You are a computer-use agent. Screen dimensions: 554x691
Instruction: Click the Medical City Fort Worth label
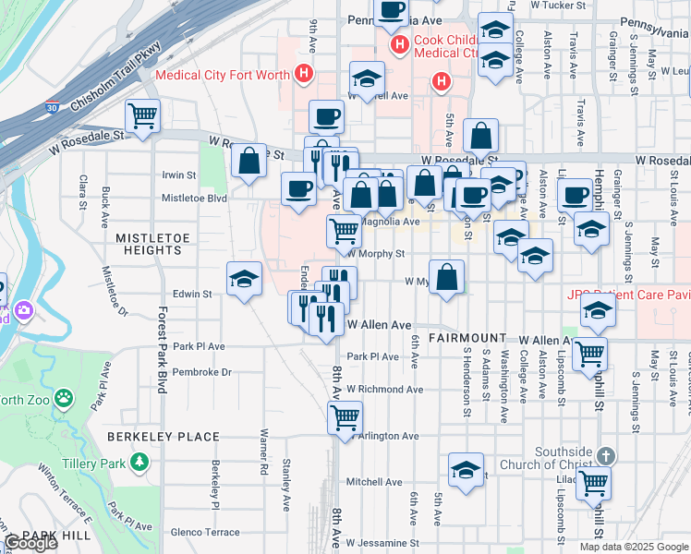[x=223, y=75]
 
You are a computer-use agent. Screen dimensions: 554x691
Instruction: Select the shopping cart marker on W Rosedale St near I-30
[x=142, y=116]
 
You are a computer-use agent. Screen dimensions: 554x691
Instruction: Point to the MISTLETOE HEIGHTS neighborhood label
[x=148, y=244]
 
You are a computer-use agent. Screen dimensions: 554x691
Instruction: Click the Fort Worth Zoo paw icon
[x=64, y=399]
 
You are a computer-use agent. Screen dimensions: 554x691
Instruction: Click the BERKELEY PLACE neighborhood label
[x=163, y=437]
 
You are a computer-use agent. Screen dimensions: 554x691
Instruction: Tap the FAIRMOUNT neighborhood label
[x=467, y=339]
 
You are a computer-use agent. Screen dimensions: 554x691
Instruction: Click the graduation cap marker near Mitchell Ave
[x=467, y=469]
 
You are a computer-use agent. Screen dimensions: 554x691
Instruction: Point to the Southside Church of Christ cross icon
[x=605, y=456]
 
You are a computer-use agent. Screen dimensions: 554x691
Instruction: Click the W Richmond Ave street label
[x=384, y=390]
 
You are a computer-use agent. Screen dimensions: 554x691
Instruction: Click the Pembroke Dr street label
[x=200, y=372]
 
